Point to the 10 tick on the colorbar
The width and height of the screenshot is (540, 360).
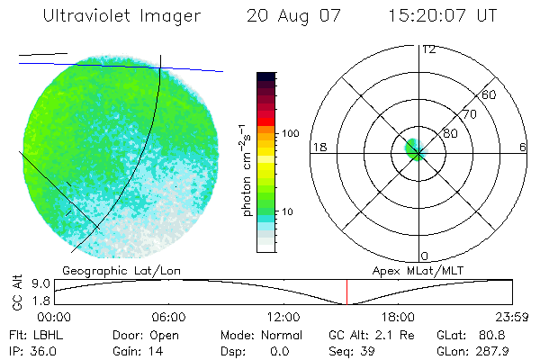[291, 211]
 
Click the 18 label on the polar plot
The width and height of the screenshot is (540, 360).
[318, 147]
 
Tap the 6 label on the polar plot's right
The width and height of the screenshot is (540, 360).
[523, 147]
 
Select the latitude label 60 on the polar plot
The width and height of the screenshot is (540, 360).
[490, 94]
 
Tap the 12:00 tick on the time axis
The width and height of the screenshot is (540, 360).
[283, 318]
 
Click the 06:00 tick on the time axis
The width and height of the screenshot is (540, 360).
[169, 318]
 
